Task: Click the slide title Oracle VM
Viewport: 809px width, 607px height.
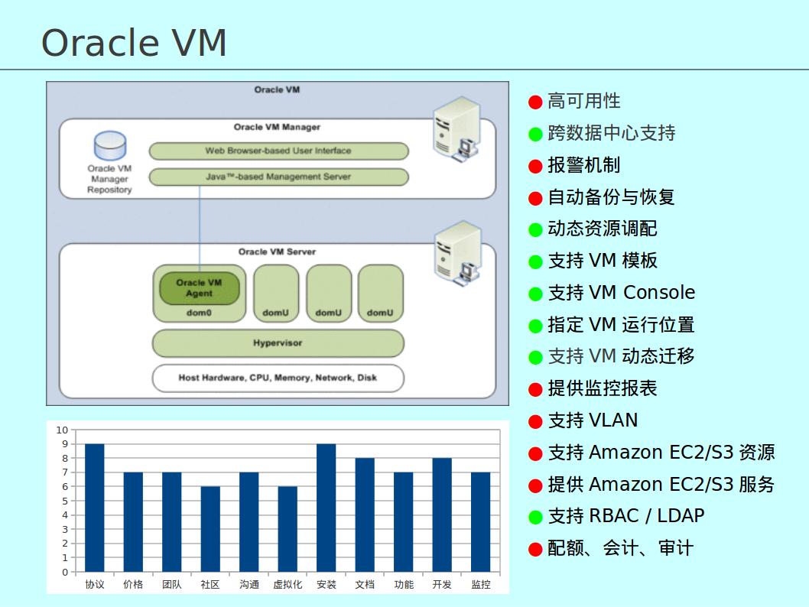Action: click(x=134, y=42)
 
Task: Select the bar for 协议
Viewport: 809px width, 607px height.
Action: click(x=94, y=508)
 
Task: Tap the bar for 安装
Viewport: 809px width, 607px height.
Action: click(x=326, y=508)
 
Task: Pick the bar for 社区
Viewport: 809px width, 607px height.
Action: click(x=210, y=529)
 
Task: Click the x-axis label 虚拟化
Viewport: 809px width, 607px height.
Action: click(x=288, y=585)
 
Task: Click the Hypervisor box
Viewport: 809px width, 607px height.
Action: click(x=278, y=343)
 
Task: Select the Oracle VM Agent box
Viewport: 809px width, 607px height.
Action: click(x=199, y=288)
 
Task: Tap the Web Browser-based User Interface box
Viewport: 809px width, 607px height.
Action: click(x=278, y=151)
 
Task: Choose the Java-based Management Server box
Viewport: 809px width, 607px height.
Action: click(x=278, y=177)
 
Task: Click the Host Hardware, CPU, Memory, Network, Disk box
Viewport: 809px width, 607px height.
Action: click(x=278, y=378)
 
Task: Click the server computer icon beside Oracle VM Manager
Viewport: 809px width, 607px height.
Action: click(x=456, y=128)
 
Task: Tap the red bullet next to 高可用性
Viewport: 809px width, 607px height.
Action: click(x=535, y=102)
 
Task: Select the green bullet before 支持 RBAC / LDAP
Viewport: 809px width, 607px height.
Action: click(x=535, y=517)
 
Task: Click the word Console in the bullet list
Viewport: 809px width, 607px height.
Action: click(x=658, y=293)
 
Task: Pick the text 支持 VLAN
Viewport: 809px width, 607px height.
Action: click(x=593, y=420)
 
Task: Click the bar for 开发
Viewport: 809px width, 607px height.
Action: click(x=442, y=514)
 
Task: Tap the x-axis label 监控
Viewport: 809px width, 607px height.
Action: click(x=481, y=585)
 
